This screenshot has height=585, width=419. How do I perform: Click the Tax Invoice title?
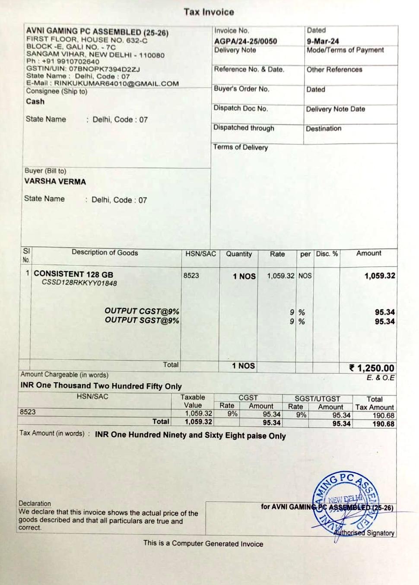[209, 12]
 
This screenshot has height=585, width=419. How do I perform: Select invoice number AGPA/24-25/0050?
[245, 41]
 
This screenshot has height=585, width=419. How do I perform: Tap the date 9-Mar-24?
[323, 41]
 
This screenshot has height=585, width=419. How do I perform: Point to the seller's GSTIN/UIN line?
[83, 69]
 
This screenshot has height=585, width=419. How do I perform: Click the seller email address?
[116, 83]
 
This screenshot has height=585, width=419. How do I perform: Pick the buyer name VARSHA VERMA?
[55, 181]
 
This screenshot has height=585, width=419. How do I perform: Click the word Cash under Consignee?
[35, 102]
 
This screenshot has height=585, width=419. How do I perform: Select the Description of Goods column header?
[105, 253]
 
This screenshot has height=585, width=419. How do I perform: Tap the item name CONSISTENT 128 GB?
[73, 274]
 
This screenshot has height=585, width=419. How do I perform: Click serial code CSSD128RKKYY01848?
[79, 283]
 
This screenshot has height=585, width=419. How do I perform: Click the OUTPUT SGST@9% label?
[142, 321]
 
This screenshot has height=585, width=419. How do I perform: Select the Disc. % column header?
[327, 254]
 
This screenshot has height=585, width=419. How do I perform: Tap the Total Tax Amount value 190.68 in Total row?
[383, 424]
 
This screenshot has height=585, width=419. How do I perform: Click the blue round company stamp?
[345, 501]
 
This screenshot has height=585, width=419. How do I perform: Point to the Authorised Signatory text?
[364, 533]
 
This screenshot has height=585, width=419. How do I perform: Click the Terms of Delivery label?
[240, 147]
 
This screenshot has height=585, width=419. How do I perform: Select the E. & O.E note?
[381, 378]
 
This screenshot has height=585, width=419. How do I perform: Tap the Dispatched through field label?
[244, 128]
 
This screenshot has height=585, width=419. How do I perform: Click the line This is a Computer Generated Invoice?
[203, 544]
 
